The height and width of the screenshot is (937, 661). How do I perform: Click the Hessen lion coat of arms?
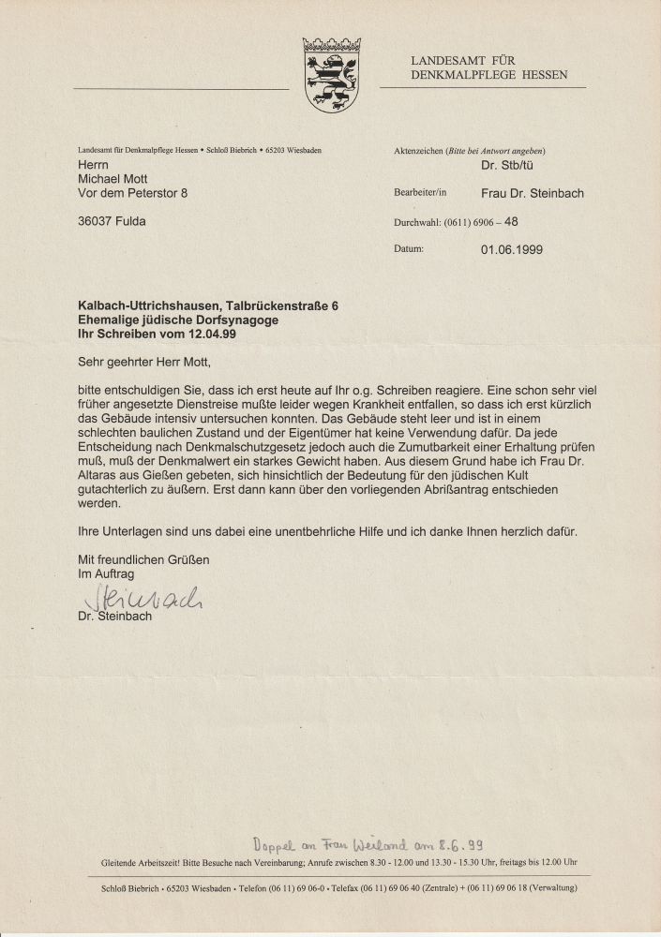pyautogui.click(x=332, y=75)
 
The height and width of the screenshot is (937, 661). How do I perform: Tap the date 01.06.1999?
pyautogui.click(x=511, y=249)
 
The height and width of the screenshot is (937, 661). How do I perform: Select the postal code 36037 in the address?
pyautogui.click(x=96, y=221)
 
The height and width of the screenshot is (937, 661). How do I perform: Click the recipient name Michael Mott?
pyautogui.click(x=114, y=179)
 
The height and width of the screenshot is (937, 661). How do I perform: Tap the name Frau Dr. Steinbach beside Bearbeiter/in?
pyautogui.click(x=532, y=193)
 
